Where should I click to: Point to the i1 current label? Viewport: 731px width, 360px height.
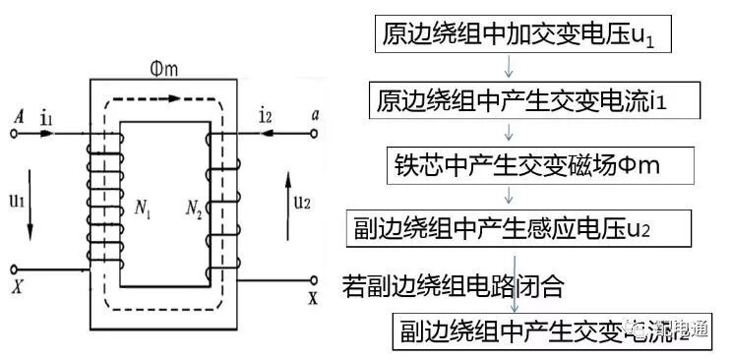point(46,118)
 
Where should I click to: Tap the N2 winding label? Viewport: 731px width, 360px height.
point(194,208)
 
